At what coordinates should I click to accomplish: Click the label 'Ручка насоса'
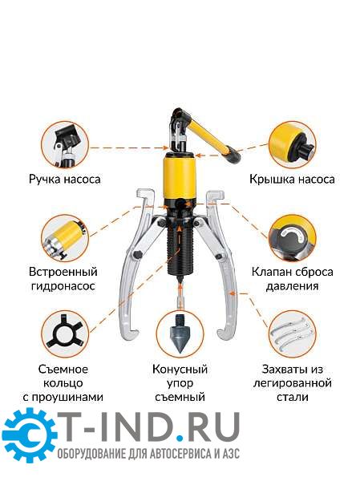tap(65, 179)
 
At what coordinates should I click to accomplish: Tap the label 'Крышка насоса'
tap(292, 179)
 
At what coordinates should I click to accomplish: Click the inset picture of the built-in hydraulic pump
tap(65, 238)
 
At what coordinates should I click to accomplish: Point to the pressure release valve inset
tap(292, 238)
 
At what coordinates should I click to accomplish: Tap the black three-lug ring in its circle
tap(65, 333)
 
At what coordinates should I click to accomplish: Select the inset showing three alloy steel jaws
tap(292, 333)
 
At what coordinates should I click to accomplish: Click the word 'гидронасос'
tap(63, 286)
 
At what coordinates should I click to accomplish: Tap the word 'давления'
tap(292, 286)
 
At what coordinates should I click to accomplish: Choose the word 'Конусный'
tap(180, 369)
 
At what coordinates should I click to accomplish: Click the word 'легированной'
tap(293, 383)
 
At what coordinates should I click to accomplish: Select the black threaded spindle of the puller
tap(180, 251)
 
